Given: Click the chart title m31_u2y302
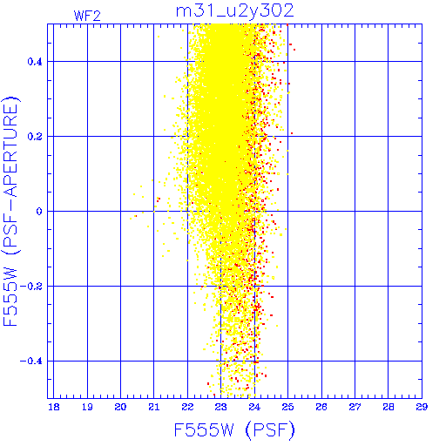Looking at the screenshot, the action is pos(235,11).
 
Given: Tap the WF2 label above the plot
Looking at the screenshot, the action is pos(87,16).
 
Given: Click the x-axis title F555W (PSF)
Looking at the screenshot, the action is pos(234,429).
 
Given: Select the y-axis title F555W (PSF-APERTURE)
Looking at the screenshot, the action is pos(10,211).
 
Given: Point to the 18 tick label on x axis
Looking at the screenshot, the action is pos(54,407).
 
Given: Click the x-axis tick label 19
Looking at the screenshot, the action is pos(87,407).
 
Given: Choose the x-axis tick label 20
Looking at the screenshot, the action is pos(120,407).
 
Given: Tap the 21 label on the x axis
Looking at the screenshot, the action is pos(154,407).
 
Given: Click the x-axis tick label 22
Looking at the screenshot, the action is pos(187,407).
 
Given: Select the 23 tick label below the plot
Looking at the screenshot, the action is pos(221,407).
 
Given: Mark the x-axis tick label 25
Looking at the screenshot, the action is pos(287,407).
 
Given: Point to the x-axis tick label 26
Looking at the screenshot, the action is pos(321,407).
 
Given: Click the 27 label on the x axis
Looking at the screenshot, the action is pos(355,407).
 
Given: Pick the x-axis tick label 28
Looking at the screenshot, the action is pos(389,407).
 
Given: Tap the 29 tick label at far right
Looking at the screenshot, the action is pos(422,407).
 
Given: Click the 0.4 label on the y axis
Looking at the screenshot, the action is pos(35,62).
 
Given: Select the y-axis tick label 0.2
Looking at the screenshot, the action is pos(35,137).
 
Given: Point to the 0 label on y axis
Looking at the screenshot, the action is pos(39,212).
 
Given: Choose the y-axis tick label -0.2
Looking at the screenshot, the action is pos(31,287).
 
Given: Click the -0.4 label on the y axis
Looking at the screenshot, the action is pos(31,362).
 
